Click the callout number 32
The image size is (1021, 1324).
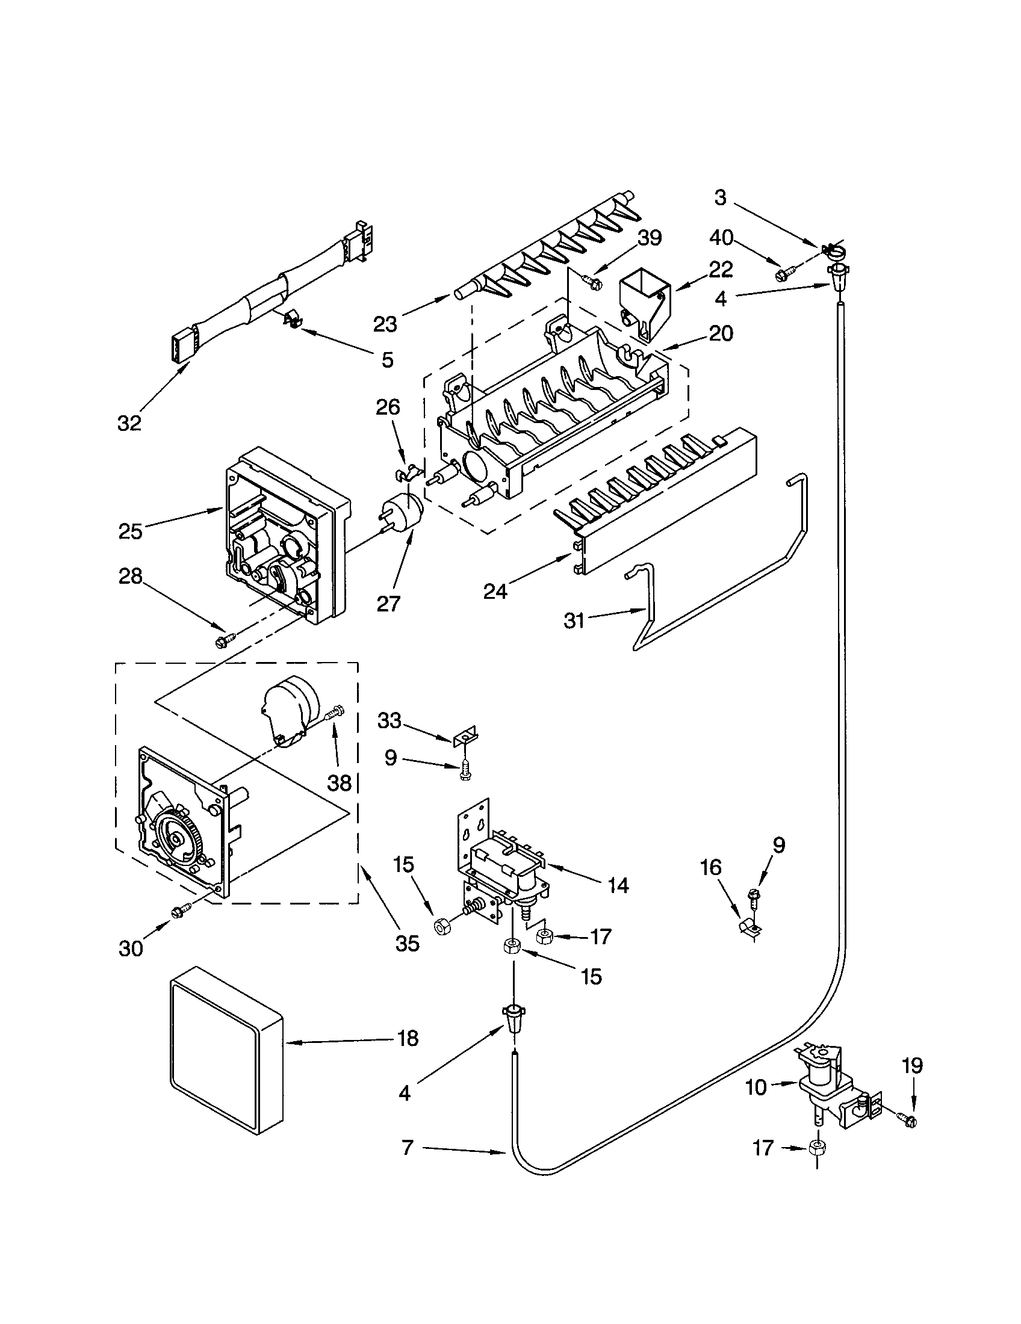click(129, 423)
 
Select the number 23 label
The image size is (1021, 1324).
click(385, 325)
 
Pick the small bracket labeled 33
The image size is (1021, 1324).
click(465, 737)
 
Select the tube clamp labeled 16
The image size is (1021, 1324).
click(748, 928)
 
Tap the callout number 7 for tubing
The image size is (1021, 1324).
click(408, 1147)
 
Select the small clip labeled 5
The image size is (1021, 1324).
click(292, 319)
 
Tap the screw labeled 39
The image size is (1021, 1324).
click(593, 281)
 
